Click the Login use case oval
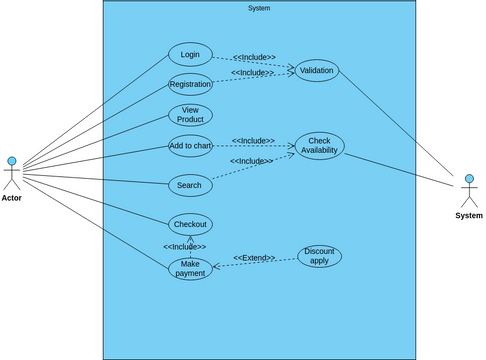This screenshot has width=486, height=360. click(x=190, y=54)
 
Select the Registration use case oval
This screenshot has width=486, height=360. click(x=190, y=84)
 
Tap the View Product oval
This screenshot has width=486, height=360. click(x=190, y=115)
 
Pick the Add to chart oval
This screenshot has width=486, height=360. click(x=190, y=146)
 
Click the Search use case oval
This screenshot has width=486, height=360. click(x=189, y=185)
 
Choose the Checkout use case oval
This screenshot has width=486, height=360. click(x=190, y=224)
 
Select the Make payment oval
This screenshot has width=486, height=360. click(x=190, y=268)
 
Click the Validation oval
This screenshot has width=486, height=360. click(x=317, y=70)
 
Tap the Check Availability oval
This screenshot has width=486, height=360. click(x=319, y=146)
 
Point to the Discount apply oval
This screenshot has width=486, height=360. click(x=319, y=256)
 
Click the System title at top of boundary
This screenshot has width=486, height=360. click(x=259, y=8)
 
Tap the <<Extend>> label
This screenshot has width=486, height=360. click(x=254, y=258)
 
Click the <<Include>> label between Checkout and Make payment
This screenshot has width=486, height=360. click(x=185, y=246)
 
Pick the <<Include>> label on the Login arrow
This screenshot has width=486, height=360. click(x=254, y=57)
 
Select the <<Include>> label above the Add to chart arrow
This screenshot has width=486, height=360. click(x=253, y=141)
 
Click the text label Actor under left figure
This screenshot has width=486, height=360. click(x=12, y=198)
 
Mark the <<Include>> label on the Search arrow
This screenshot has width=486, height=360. click(x=251, y=161)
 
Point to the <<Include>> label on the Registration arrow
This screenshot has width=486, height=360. click(x=252, y=73)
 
